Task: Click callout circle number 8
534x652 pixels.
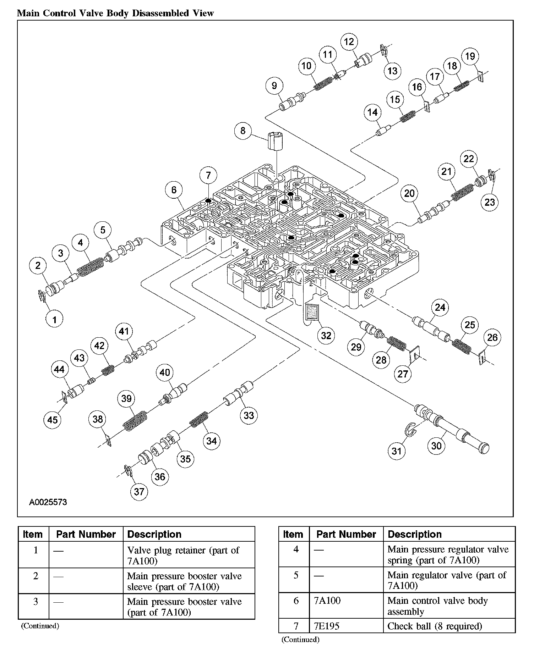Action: pyautogui.click(x=243, y=131)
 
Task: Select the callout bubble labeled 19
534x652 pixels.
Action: pyautogui.click(x=470, y=56)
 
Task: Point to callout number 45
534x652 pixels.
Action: pyautogui.click(x=52, y=420)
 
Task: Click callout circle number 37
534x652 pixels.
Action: pyautogui.click(x=139, y=491)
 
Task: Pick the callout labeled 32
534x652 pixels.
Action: pyautogui.click(x=326, y=335)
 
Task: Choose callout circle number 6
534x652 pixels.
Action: pyautogui.click(x=174, y=190)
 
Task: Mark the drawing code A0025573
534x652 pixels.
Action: pyautogui.click(x=48, y=502)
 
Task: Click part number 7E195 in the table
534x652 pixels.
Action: pyautogui.click(x=327, y=626)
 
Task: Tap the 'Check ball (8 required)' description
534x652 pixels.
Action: pyautogui.click(x=435, y=626)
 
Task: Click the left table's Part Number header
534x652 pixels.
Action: pyautogui.click(x=86, y=534)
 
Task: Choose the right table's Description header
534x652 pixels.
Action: pyautogui.click(x=414, y=534)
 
